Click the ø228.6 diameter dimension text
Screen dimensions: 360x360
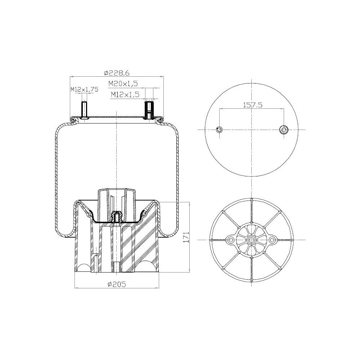point(117,73)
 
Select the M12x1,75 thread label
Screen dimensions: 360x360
point(84,89)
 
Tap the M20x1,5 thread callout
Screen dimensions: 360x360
point(123,84)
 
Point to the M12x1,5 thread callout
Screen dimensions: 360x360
point(125,95)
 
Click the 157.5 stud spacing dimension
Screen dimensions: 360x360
point(253,105)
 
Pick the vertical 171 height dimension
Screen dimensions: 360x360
point(186,237)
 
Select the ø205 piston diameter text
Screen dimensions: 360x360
point(117,284)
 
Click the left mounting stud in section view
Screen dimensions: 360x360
point(84,110)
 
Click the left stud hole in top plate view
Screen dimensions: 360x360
point(220,130)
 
